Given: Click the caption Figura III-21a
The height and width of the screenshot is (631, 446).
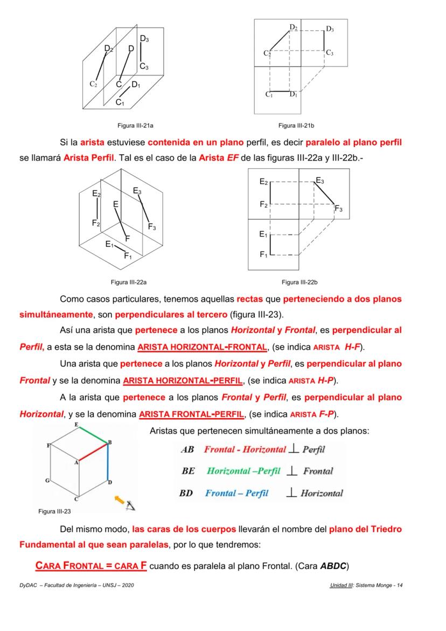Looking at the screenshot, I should point(136,125).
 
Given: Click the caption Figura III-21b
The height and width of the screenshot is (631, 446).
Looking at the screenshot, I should point(296,125).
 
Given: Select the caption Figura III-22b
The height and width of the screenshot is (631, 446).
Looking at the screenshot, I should point(299,281).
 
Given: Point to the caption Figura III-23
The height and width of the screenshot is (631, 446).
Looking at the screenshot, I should point(55,511).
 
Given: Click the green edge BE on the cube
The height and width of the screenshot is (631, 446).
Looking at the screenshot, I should point(94,433).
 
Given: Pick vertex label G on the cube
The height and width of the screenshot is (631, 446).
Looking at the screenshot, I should point(48,480).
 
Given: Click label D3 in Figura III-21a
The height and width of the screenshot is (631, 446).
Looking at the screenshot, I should point(144,39).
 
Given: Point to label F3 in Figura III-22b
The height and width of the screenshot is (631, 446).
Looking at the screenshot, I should point(338,209).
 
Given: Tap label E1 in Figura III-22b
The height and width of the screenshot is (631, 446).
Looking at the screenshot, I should point(263,234).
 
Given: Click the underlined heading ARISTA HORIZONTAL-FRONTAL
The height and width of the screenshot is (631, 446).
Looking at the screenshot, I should point(202,346).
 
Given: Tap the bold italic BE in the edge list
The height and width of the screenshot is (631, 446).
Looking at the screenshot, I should point(188,471).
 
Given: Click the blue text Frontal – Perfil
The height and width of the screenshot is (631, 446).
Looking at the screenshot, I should point(236,493).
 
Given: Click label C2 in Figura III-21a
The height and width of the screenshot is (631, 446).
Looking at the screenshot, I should point(93,85).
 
